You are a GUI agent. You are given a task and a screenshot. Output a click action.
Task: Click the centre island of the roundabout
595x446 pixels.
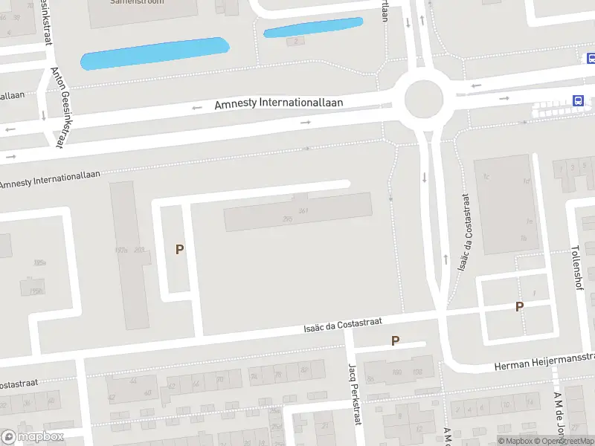(423, 97)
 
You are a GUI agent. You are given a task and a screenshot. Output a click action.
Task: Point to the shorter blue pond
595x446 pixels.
(313, 28)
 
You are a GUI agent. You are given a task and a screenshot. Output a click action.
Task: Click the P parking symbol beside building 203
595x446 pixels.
(179, 250)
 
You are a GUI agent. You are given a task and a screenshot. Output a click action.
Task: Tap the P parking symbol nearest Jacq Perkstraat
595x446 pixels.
(396, 340)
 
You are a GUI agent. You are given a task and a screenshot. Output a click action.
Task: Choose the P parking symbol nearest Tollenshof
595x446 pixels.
(519, 306)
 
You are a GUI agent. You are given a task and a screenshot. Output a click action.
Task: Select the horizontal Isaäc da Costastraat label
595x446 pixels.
(343, 324)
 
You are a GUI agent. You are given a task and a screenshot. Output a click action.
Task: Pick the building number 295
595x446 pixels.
(288, 219)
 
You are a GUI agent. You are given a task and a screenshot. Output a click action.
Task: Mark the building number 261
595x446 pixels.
(303, 211)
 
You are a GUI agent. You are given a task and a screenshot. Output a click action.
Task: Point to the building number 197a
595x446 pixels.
(120, 251)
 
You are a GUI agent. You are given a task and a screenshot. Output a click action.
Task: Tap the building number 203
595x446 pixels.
(139, 251)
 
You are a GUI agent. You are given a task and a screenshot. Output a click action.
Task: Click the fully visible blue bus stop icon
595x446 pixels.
(577, 101)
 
